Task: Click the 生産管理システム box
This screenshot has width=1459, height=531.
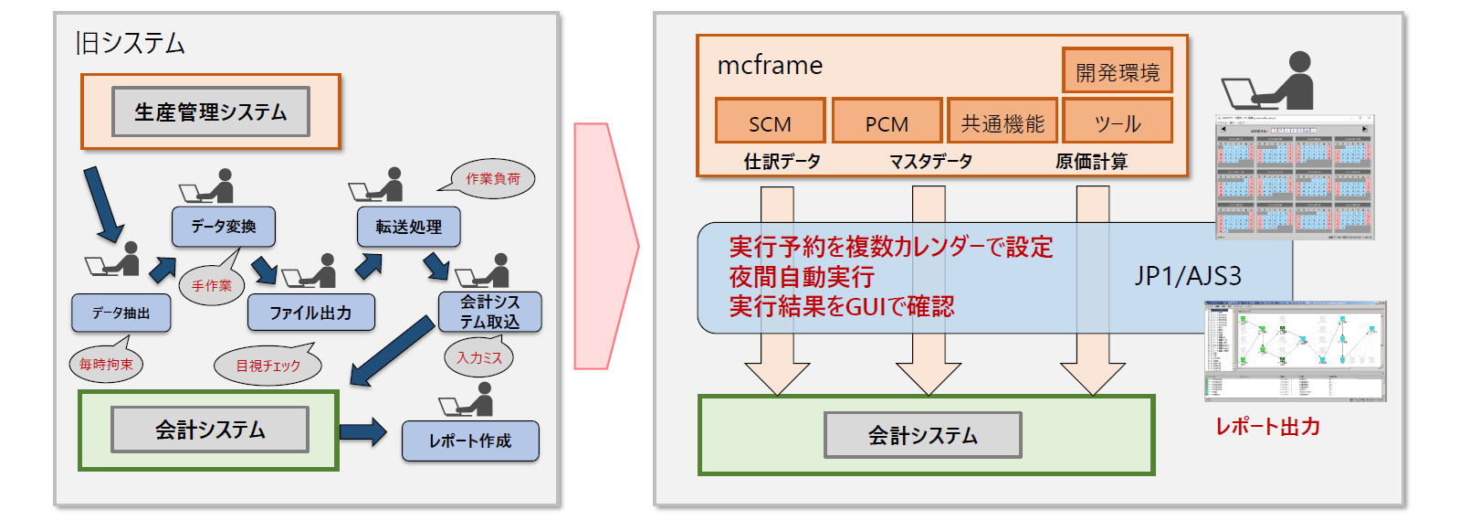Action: point(211,112)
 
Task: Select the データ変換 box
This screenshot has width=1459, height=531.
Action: point(223,227)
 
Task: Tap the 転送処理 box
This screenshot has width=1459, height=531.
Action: point(408,227)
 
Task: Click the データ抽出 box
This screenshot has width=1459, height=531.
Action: point(121,313)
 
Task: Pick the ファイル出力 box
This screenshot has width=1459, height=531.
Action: point(310,313)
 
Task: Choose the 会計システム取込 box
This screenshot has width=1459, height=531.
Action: point(489,312)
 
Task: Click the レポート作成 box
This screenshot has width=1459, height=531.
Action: point(470,441)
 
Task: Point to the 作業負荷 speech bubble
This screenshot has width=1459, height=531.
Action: point(494,178)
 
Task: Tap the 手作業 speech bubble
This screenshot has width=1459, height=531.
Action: point(212,285)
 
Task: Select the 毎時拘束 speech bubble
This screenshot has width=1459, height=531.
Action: point(106,364)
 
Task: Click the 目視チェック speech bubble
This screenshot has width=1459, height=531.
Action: point(268,366)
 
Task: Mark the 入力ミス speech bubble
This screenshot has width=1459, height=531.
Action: point(479,357)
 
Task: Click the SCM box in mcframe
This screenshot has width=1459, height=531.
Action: point(770,122)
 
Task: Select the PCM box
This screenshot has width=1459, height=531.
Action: point(887,122)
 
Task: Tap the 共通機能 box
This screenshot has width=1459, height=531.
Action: point(1002,122)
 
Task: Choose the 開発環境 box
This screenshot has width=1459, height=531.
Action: point(1118,71)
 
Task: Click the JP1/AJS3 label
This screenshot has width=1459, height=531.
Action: point(1188,276)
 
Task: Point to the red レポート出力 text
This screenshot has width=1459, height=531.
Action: point(1267,426)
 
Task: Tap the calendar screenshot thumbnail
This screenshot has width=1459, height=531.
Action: point(1294,177)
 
